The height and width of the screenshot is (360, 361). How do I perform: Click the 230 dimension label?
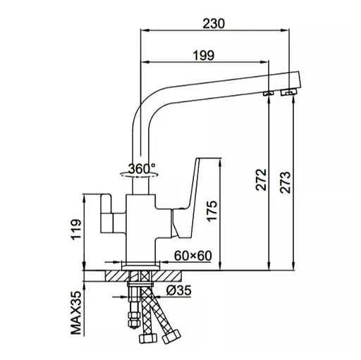point(214,23)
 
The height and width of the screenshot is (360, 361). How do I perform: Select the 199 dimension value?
point(204,56)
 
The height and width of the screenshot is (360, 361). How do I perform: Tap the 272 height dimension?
point(262,180)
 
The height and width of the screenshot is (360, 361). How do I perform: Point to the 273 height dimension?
point(285,182)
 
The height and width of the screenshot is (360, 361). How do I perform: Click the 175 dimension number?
point(212,211)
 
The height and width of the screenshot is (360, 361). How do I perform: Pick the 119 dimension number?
point(76,230)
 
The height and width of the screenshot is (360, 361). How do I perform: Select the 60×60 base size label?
point(193,256)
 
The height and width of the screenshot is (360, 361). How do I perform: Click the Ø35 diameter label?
point(179,290)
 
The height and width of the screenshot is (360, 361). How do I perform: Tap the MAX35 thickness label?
point(76,313)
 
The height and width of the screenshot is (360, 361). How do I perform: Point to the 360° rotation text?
point(142,168)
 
